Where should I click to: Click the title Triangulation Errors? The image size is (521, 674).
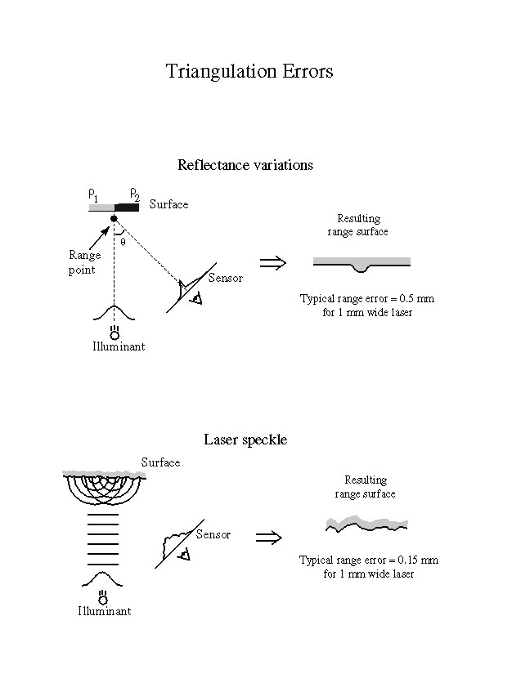(x=249, y=71)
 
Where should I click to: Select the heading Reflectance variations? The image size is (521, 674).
(x=245, y=165)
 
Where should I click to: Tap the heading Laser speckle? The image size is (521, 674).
(x=245, y=440)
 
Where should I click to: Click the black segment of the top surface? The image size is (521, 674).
(x=127, y=208)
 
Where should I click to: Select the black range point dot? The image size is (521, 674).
(x=114, y=218)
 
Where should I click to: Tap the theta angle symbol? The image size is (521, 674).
(x=123, y=241)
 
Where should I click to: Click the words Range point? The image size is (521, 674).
(x=83, y=262)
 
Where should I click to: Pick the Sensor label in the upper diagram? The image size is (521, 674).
(x=226, y=279)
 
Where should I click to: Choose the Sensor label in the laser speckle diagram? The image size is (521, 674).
(x=213, y=535)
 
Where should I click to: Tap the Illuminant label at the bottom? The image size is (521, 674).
(x=104, y=611)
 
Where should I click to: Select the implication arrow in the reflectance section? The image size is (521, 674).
(x=272, y=262)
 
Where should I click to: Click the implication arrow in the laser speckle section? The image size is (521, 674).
(x=269, y=538)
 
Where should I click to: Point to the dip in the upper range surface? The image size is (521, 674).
(x=361, y=266)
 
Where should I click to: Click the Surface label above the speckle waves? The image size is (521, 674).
(x=160, y=463)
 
